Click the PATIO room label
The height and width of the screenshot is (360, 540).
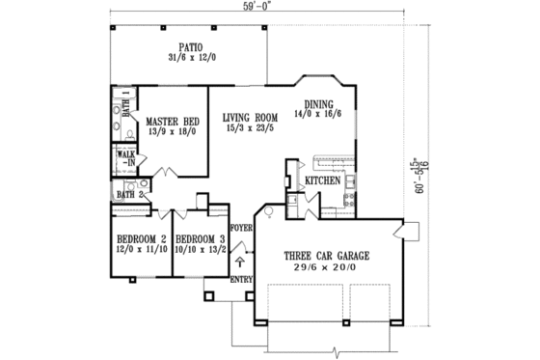tap(189, 45)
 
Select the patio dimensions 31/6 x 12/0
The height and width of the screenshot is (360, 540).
tap(189, 56)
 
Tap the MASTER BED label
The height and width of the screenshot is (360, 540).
tap(174, 123)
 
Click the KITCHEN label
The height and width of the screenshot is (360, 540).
tap(322, 180)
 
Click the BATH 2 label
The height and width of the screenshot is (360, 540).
tap(130, 194)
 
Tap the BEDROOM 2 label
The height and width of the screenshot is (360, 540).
tap(136, 237)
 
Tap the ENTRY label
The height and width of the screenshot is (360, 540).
tap(241, 280)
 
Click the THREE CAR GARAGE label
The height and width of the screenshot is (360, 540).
tap(326, 256)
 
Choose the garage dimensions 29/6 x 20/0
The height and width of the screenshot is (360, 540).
tap(326, 268)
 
